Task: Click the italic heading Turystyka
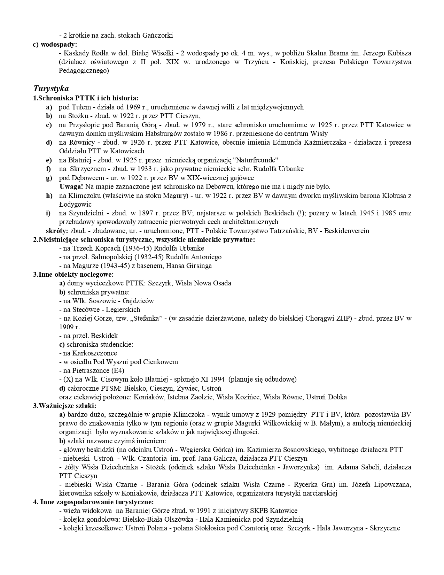(x=51, y=89)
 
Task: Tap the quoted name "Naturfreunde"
(x=257, y=160)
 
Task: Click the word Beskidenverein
(x=346, y=231)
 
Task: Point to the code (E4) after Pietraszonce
(x=118, y=370)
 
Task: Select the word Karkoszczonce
(x=95, y=353)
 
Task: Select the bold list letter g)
(x=49, y=178)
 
